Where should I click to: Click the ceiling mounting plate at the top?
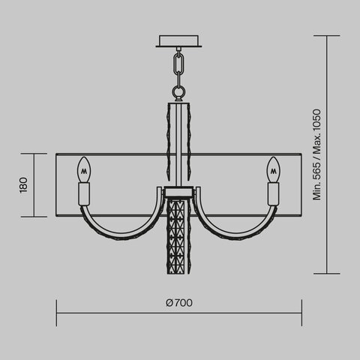click(x=180, y=40)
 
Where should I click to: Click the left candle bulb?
click(x=84, y=169)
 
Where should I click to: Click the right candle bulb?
click(x=275, y=169)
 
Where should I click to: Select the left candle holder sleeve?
click(x=84, y=193)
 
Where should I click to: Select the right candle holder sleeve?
click(x=275, y=193)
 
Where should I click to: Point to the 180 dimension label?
click(x=23, y=184)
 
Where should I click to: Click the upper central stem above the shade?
click(x=180, y=127)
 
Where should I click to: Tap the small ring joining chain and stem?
click(x=180, y=93)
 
